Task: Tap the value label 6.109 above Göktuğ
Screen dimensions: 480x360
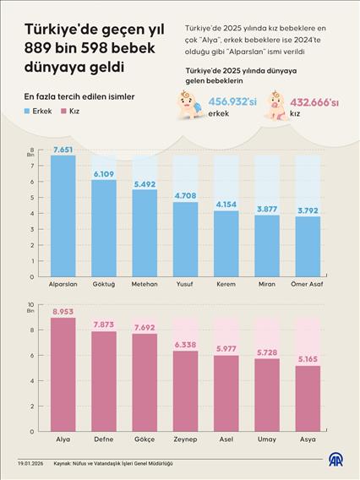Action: [x=104, y=173]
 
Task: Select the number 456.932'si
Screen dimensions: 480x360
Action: [x=232, y=101]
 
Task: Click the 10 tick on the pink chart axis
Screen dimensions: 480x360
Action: [x=30, y=305]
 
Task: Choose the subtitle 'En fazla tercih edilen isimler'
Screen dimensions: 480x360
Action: [x=79, y=96]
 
